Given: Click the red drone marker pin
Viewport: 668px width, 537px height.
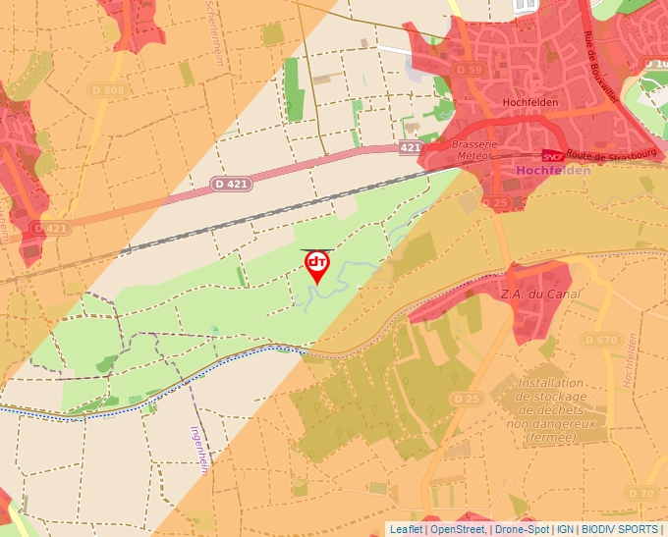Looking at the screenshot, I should click(317, 265).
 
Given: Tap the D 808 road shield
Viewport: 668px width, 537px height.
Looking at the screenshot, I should click(114, 91).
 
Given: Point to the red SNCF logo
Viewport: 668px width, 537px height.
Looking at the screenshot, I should click(553, 155).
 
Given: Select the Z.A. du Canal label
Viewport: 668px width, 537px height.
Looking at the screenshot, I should click(540, 294).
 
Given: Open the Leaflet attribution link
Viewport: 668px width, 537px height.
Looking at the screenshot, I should click(406, 529).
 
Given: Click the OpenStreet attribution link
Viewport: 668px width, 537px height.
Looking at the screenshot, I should click(457, 529).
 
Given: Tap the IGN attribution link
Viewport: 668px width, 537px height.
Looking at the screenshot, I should click(566, 529).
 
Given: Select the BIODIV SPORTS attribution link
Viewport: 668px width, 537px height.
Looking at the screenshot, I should click(620, 529).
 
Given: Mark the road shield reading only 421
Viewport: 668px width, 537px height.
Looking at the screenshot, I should click(410, 146).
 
